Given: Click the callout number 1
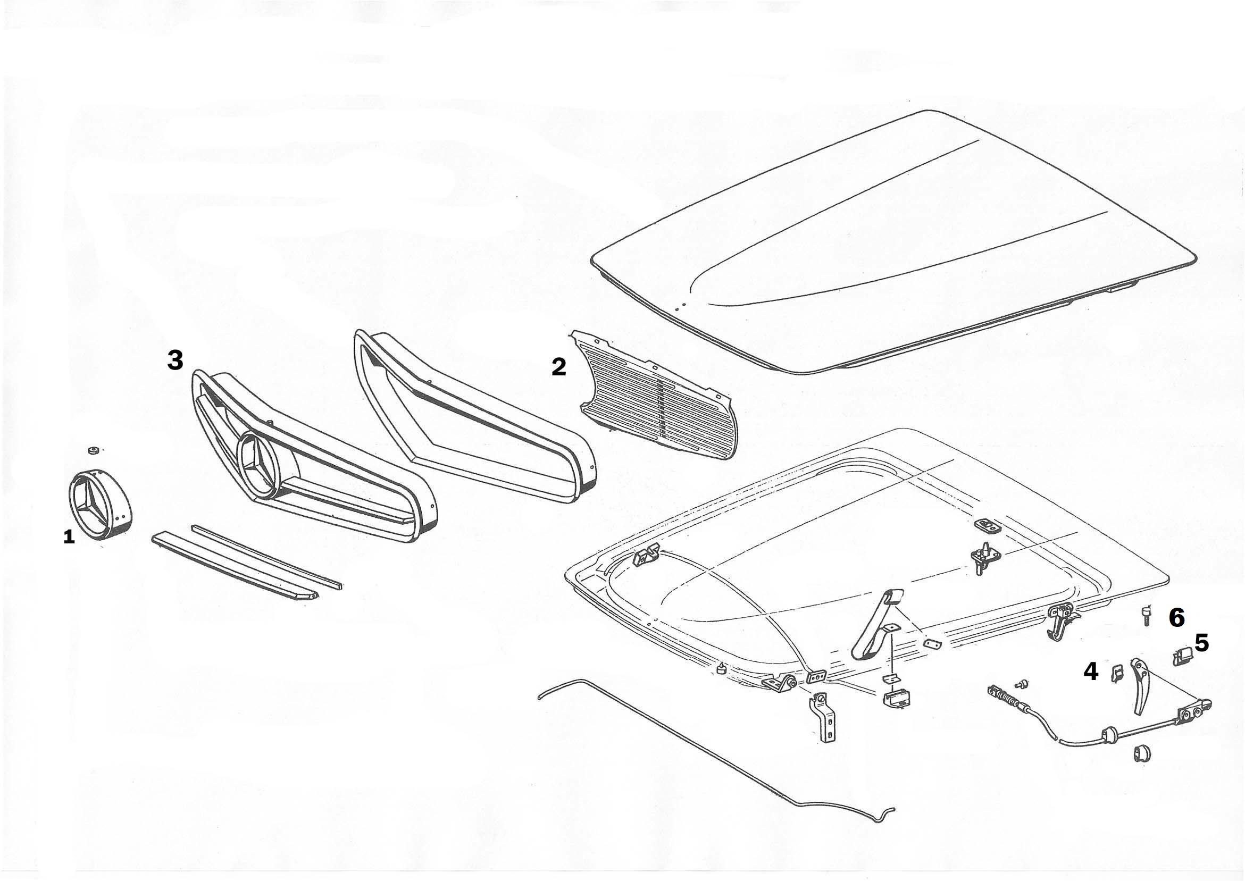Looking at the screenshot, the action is pyautogui.click(x=69, y=538).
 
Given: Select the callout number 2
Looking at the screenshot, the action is pyautogui.click(x=559, y=367).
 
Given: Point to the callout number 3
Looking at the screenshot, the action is pyautogui.click(x=175, y=359).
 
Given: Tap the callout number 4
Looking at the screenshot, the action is pyautogui.click(x=1090, y=672).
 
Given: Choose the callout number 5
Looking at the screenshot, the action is pyautogui.click(x=1201, y=643).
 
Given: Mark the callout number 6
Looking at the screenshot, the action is pyautogui.click(x=1176, y=617).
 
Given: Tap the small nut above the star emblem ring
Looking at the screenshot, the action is pyautogui.click(x=93, y=450).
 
